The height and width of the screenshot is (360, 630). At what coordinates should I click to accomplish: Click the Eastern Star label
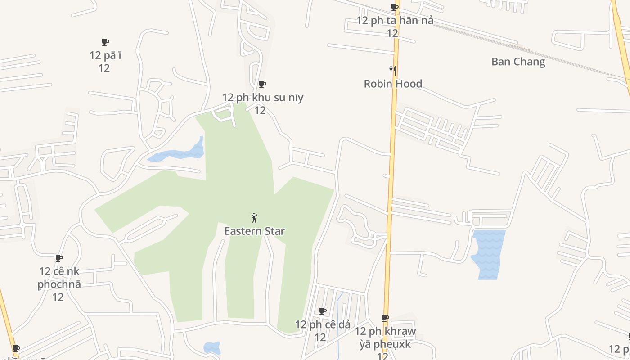254,231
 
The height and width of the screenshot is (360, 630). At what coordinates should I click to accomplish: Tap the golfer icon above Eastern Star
254,218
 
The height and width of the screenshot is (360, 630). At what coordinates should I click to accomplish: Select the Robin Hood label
393,84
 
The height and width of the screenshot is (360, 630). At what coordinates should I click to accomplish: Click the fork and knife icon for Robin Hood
393,70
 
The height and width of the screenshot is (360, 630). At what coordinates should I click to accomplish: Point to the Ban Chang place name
518,62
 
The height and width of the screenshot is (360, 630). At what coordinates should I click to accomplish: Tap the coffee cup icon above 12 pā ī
105,42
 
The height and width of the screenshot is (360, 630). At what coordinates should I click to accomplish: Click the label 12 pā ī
105,55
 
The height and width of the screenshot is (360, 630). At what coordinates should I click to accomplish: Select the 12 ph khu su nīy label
262,98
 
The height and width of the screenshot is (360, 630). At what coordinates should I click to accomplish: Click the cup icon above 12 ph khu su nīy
262,84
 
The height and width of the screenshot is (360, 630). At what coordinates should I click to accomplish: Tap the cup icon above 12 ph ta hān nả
395,7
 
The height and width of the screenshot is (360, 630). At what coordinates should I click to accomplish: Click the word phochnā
59,284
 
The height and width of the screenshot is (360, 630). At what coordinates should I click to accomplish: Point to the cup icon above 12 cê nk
59,258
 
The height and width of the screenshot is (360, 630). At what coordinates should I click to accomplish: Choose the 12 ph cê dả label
322,324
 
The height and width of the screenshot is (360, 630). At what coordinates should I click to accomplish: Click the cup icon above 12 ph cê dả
323,311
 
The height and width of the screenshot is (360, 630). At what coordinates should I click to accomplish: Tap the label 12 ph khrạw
385,331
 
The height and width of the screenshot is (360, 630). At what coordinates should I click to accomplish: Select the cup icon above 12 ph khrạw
385,318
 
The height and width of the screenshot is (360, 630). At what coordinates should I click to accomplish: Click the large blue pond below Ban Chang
489,254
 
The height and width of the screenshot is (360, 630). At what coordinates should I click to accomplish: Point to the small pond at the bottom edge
211,348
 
